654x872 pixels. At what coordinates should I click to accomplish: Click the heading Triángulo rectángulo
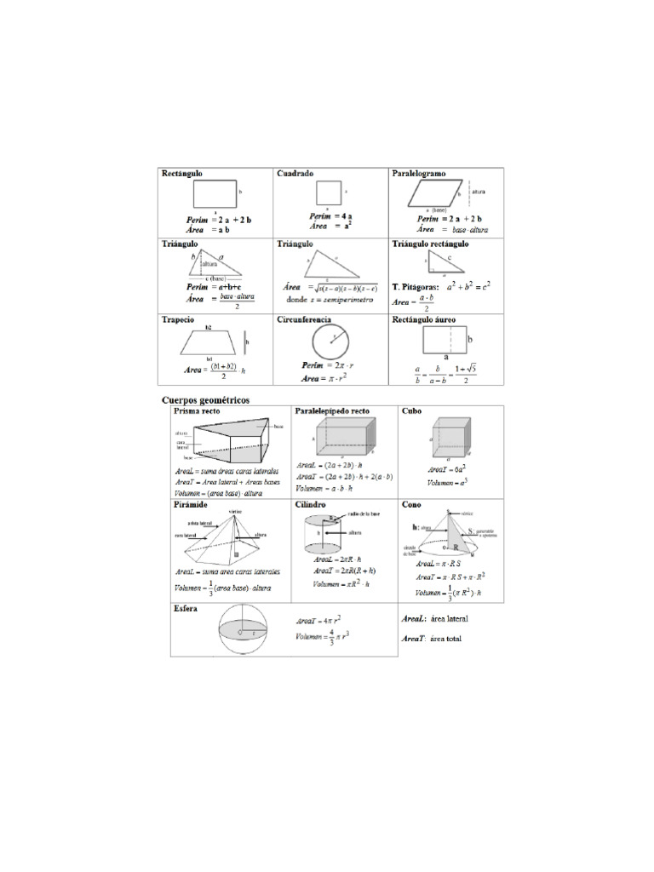coord(430,244)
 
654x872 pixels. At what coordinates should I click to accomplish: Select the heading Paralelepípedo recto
coord(331,410)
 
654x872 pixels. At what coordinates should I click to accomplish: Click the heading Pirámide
coord(191,504)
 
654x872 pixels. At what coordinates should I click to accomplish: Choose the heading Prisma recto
coord(197,410)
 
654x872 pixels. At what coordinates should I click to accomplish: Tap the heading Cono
coord(411,504)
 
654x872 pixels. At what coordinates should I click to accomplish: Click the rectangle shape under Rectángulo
coord(215,193)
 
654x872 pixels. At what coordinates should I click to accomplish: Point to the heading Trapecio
coord(178,319)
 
